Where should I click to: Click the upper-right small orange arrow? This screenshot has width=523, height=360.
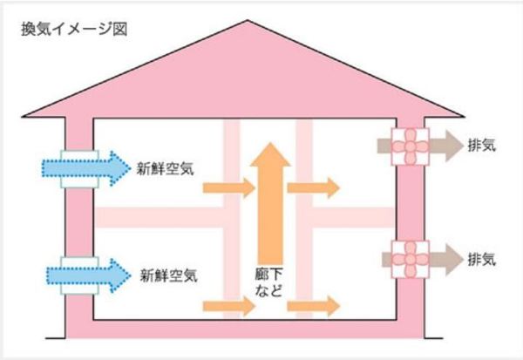pyautogui.click(x=313, y=187)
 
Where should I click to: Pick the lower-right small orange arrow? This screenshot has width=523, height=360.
pyautogui.click(x=313, y=305)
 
